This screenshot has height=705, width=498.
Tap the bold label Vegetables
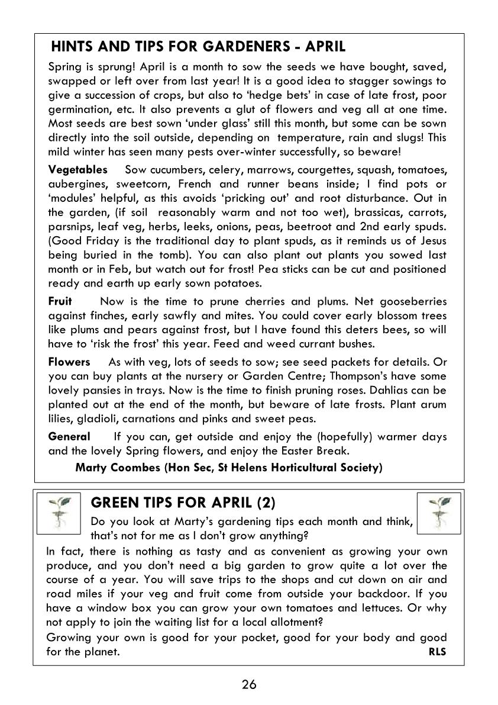point(77,170)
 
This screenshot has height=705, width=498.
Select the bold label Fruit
point(60,302)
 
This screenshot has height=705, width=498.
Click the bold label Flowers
point(69,362)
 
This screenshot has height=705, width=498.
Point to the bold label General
point(69,437)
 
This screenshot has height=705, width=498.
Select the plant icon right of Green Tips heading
point(438,513)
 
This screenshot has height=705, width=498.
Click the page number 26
point(249,685)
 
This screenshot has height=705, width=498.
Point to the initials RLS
point(437,652)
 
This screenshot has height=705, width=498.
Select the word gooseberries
point(413,302)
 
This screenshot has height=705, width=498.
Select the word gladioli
point(100,419)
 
